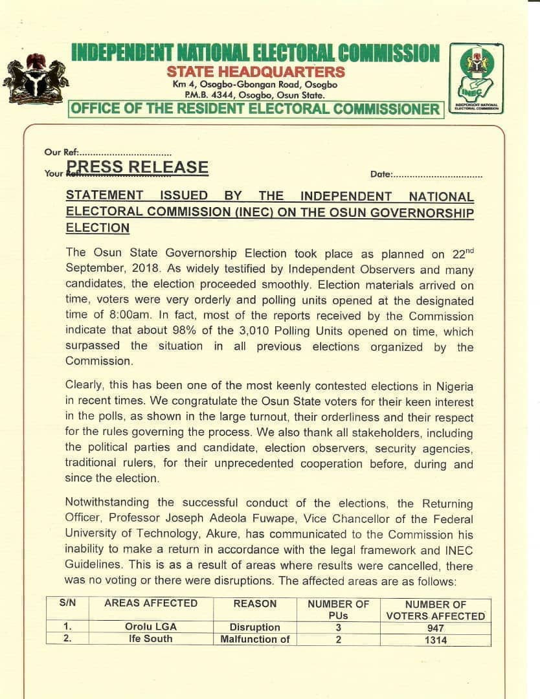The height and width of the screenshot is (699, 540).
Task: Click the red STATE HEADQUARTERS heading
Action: tap(255, 72)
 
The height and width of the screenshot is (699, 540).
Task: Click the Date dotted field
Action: tap(438, 175)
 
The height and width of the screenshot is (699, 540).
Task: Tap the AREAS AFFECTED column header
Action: tap(151, 603)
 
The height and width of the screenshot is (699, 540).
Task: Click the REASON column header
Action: tap(254, 603)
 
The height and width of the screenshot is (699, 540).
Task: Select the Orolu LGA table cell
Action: tap(151, 627)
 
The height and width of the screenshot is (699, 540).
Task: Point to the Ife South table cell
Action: tap(151, 639)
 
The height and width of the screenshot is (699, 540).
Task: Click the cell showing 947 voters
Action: tap(435, 628)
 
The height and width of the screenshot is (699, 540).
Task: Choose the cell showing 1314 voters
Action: tap(435, 640)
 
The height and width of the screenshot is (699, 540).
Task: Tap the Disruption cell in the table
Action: tap(254, 627)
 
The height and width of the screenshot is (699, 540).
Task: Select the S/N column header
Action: tap(67, 603)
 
